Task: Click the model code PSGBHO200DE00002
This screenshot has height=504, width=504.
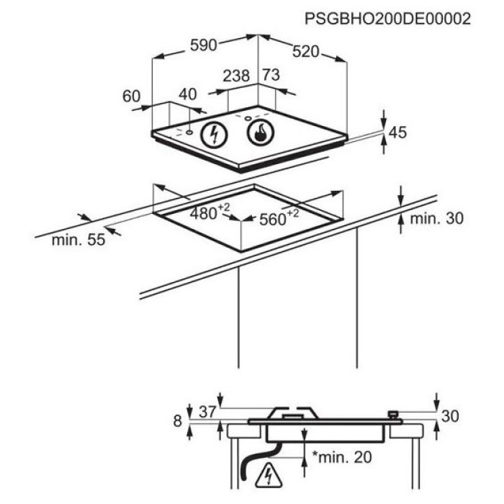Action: [387, 19]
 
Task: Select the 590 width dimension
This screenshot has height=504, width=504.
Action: [204, 45]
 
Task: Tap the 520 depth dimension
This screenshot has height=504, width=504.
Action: [305, 51]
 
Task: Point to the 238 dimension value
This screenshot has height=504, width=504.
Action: [236, 76]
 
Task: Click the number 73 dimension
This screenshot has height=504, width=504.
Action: [271, 75]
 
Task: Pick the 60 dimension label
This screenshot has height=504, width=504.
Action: [132, 96]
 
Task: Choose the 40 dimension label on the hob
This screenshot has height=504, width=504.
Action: [188, 94]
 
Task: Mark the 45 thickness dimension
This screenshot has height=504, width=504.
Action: [397, 132]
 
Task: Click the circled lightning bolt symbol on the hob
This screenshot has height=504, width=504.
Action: [214, 134]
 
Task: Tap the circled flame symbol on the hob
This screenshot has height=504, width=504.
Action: [261, 132]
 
